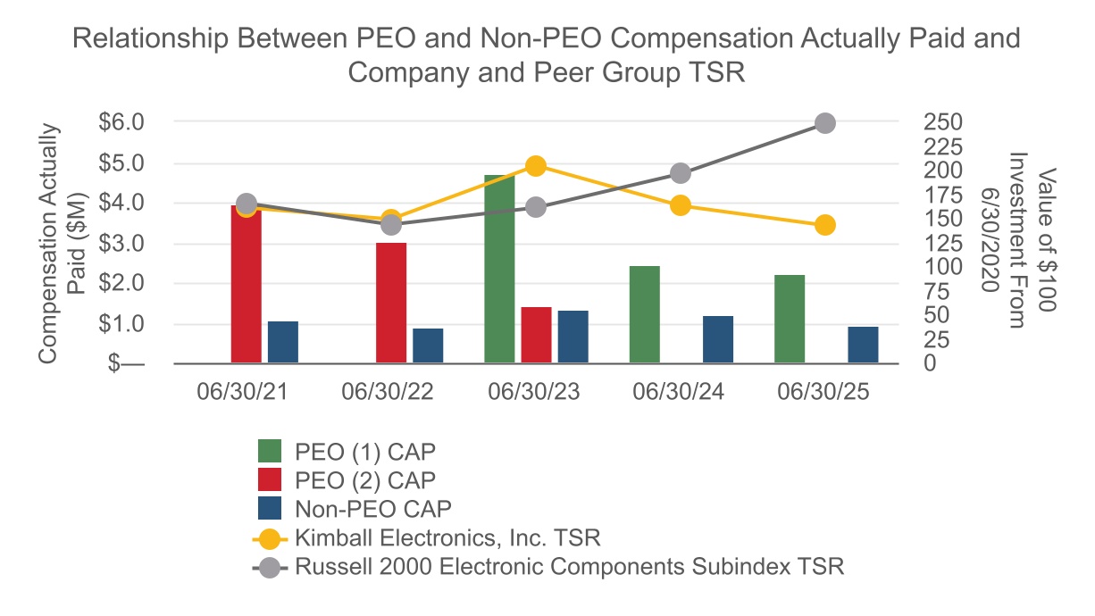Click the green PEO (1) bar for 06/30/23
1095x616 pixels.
point(499,269)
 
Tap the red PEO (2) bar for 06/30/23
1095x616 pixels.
point(536,335)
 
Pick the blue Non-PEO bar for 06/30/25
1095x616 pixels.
point(863,345)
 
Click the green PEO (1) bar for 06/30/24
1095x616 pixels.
point(645,314)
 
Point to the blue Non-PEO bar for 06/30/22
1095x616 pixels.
point(428,345)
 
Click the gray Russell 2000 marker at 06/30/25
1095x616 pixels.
point(825,123)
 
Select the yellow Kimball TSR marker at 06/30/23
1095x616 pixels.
point(536,166)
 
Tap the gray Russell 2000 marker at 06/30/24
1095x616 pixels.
point(681,173)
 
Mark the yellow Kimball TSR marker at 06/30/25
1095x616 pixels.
point(825,225)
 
